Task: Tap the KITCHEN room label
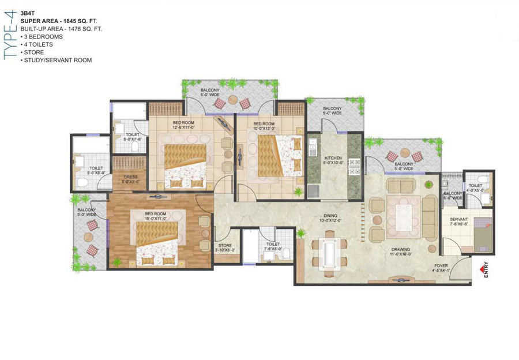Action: click(x=333, y=160)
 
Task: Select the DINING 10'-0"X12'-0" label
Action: click(x=331, y=217)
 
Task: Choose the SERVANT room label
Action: click(x=459, y=222)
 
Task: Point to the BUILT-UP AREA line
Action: click(x=61, y=28)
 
